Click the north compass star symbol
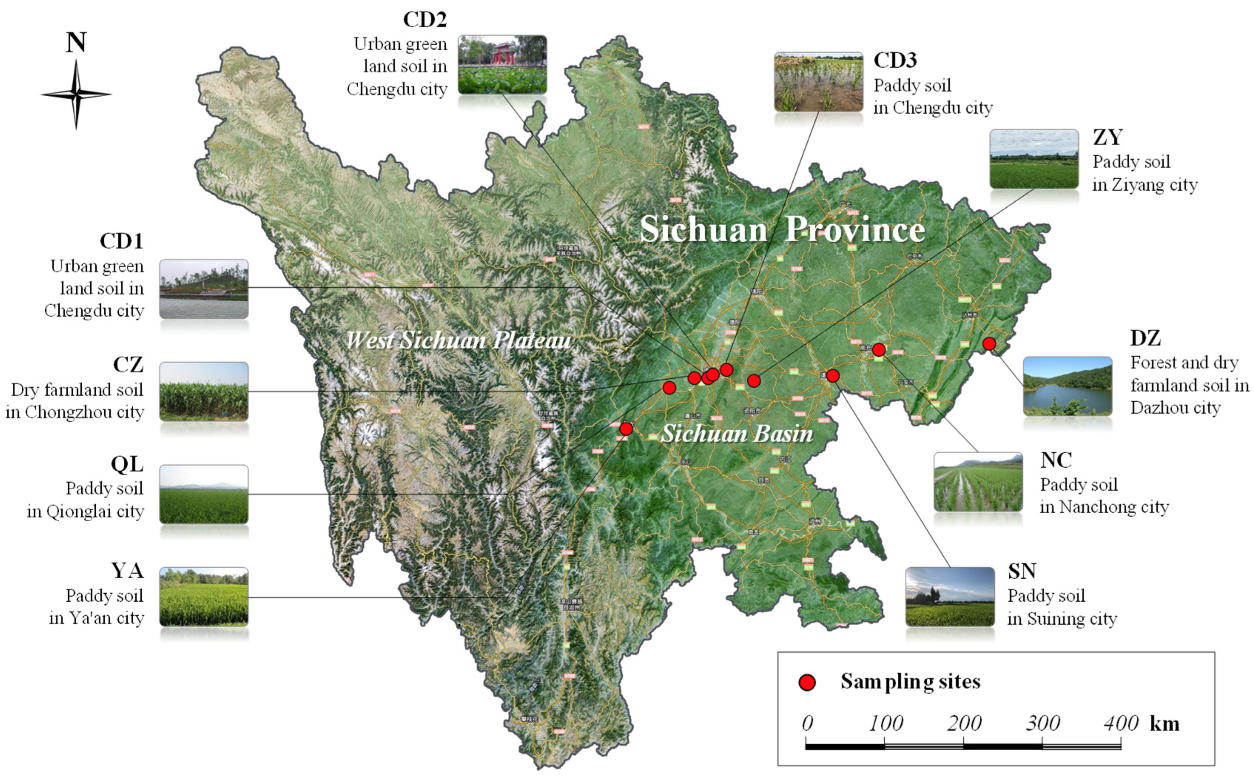[76, 94]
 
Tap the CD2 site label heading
[424, 19]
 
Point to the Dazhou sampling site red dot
[988, 343]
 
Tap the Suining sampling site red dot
[833, 376]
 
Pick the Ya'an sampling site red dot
[626, 428]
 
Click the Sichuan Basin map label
[737, 433]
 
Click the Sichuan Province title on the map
[782, 229]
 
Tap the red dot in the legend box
[807, 682]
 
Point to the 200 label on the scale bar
[964, 723]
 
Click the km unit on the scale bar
[1164, 723]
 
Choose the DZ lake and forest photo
[1067, 386]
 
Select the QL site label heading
[127, 464]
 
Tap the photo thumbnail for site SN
[950, 597]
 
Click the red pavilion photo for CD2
[502, 64]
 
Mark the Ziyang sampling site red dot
[754, 381]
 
